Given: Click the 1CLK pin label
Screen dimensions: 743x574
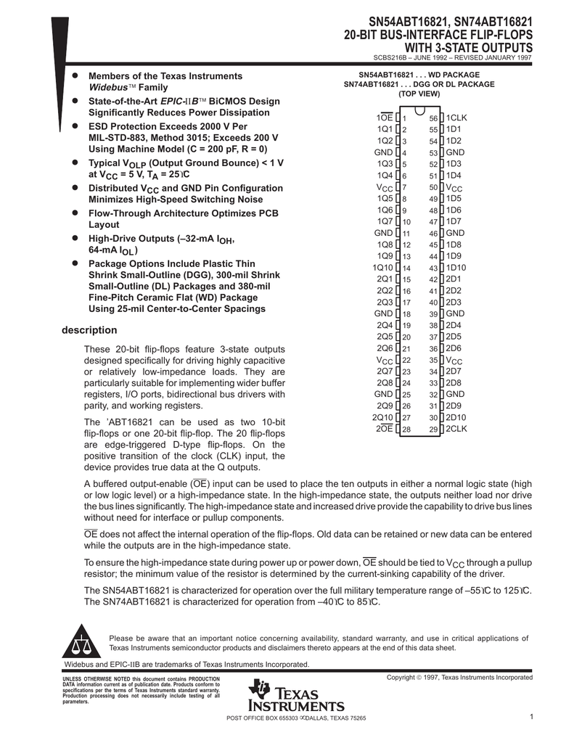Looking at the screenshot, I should tap(456, 118).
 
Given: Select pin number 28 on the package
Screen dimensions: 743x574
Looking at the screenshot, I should tap(406, 430).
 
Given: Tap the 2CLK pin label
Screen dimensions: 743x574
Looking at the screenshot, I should tap(456, 429).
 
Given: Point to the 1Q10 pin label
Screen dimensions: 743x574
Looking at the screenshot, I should tap(382, 267).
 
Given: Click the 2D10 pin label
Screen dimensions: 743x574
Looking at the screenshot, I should tap(456, 417).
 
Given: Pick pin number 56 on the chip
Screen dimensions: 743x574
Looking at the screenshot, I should tap(433, 118).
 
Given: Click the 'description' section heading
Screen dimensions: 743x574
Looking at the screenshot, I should tap(89, 330).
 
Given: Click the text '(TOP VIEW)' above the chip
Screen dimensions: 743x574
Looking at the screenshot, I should tap(419, 94).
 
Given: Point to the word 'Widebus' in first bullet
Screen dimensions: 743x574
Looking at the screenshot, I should tap(107, 87).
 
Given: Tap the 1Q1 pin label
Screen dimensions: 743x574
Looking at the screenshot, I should tap(385, 129).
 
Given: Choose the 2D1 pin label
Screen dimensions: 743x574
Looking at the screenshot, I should tap(454, 279).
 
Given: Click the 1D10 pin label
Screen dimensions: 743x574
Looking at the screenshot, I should tap(456, 267).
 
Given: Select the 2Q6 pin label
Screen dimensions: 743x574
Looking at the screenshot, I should tap(385, 348).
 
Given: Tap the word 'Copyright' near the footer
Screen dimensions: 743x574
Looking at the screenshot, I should tap(403, 677).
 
